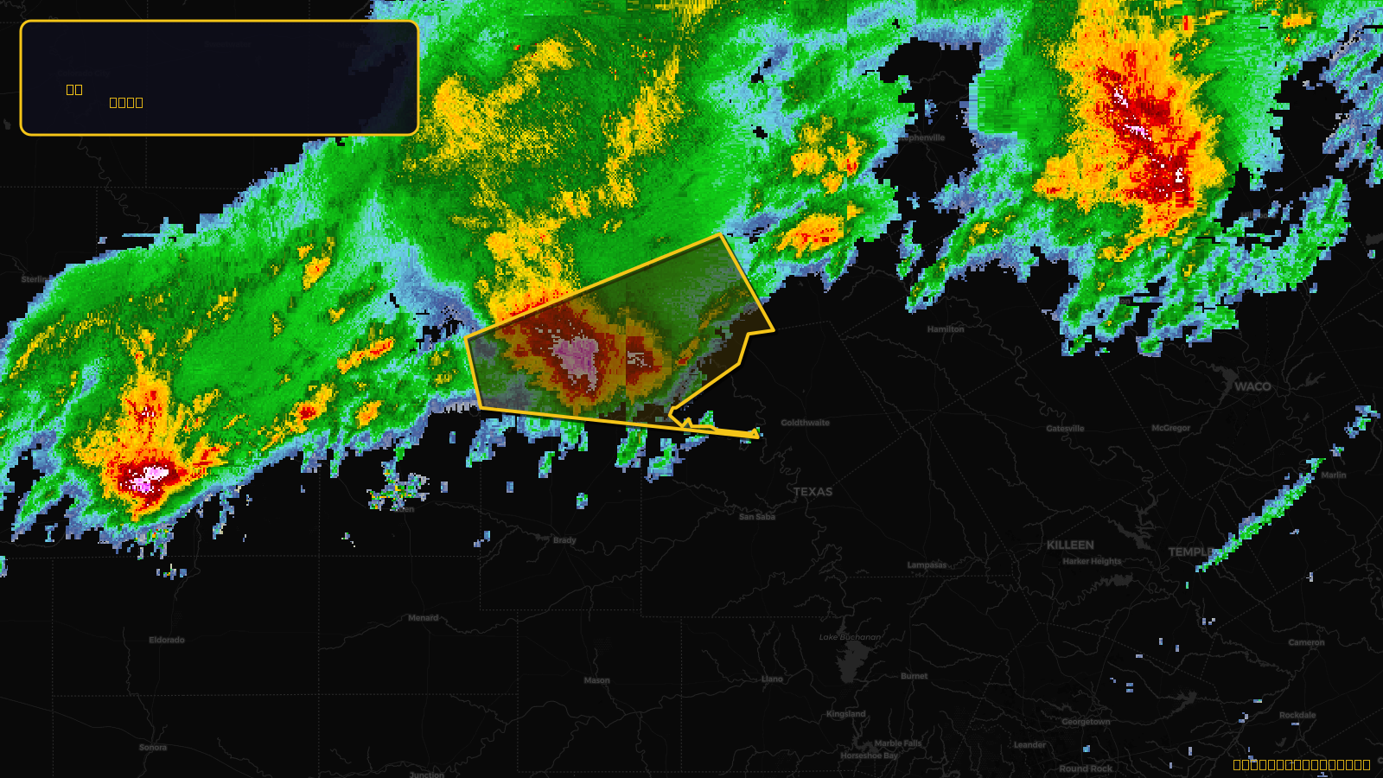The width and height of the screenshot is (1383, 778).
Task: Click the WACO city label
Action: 1252,386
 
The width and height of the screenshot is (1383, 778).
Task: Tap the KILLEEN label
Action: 1070,545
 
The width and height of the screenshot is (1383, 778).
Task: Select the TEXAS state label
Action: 813,491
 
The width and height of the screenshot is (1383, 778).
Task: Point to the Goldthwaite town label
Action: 805,423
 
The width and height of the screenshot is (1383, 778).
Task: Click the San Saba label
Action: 757,517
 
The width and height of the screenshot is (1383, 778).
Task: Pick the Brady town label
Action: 564,540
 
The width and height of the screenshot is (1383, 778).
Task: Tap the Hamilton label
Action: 946,329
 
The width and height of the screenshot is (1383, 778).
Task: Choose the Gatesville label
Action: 1065,429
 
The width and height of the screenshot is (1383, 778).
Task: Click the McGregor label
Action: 1170,428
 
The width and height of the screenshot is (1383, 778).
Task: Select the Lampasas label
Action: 927,565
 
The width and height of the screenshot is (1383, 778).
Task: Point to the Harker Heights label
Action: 1092,561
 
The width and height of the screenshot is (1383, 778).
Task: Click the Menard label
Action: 423,618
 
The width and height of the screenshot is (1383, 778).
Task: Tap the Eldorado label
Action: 167,641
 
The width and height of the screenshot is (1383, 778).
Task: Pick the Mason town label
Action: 596,680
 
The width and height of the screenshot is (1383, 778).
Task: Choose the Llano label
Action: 772,679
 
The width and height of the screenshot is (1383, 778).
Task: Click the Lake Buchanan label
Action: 850,637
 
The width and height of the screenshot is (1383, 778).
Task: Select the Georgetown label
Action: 1086,722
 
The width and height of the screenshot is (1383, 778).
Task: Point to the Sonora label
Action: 153,748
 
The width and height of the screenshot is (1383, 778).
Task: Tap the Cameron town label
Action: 1306,642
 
